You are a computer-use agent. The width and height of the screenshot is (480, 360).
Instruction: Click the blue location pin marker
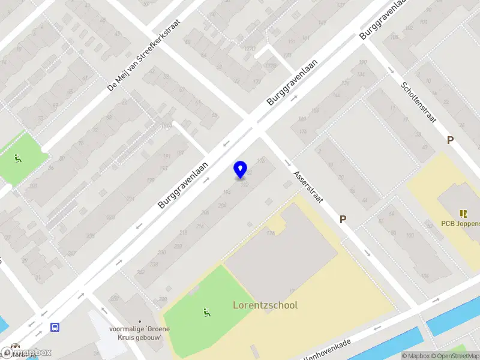tap(240, 170)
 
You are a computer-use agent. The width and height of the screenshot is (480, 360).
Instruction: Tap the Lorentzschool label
tap(265, 305)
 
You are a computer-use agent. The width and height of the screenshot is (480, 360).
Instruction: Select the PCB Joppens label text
tap(460, 224)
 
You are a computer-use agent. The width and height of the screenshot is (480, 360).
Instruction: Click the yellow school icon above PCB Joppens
tap(463, 213)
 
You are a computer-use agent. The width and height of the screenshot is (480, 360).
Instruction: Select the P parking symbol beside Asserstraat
tap(343, 220)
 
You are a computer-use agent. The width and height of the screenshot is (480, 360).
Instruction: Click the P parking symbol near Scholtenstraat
tap(449, 140)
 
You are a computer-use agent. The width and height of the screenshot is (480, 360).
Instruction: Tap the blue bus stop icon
tap(55, 327)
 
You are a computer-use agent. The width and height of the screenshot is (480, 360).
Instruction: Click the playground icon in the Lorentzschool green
tap(206, 312)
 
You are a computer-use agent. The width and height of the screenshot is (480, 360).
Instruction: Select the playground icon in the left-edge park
tap(17, 159)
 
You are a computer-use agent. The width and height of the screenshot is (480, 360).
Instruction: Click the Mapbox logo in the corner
tap(27, 352)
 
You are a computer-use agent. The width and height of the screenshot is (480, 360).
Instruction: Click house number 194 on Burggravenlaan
tap(227, 193)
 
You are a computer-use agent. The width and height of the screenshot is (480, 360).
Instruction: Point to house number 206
tap(205, 212)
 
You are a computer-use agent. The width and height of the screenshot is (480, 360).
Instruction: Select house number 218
tap(183, 233)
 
